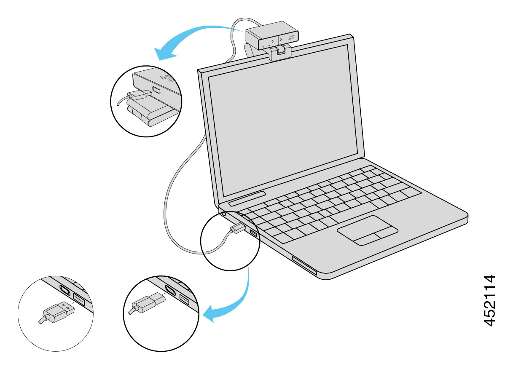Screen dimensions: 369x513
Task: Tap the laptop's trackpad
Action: pos(367,230)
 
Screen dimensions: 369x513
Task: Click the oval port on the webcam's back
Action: pos(157,91)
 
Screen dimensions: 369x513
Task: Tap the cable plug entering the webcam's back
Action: pos(137,95)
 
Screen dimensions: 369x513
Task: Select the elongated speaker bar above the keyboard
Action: pos(247,198)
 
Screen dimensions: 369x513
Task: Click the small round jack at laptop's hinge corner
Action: pos(223,214)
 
